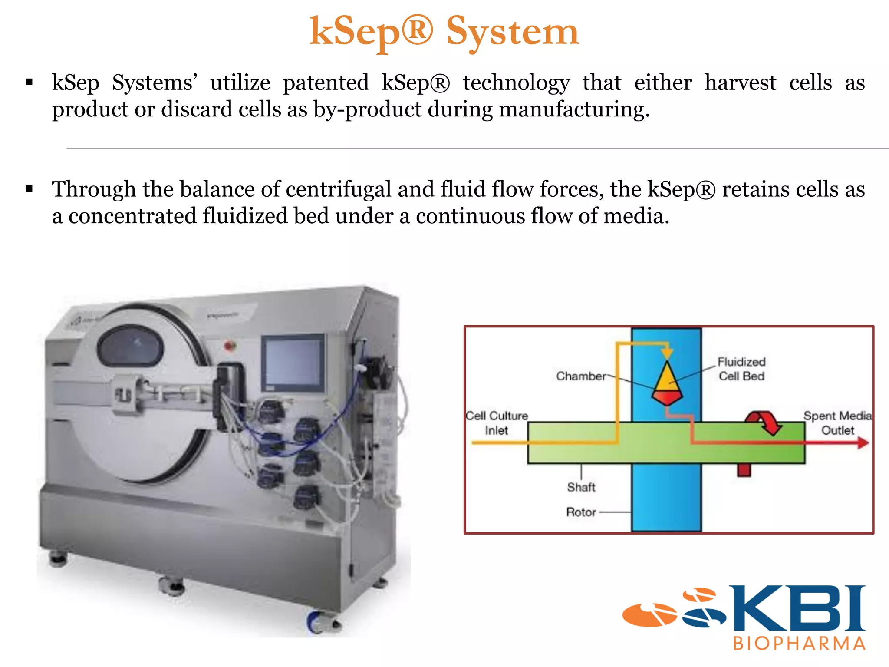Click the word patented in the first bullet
pos(326,83)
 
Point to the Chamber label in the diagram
pos(581,376)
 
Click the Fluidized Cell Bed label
pos(741,369)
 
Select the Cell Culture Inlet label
pos(497,423)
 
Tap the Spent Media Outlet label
pos(837,423)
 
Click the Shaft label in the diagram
pos(581,487)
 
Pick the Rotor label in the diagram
pos(581,512)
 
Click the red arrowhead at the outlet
pos(863,443)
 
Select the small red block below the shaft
pos(744,470)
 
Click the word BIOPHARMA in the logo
pos(799,644)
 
